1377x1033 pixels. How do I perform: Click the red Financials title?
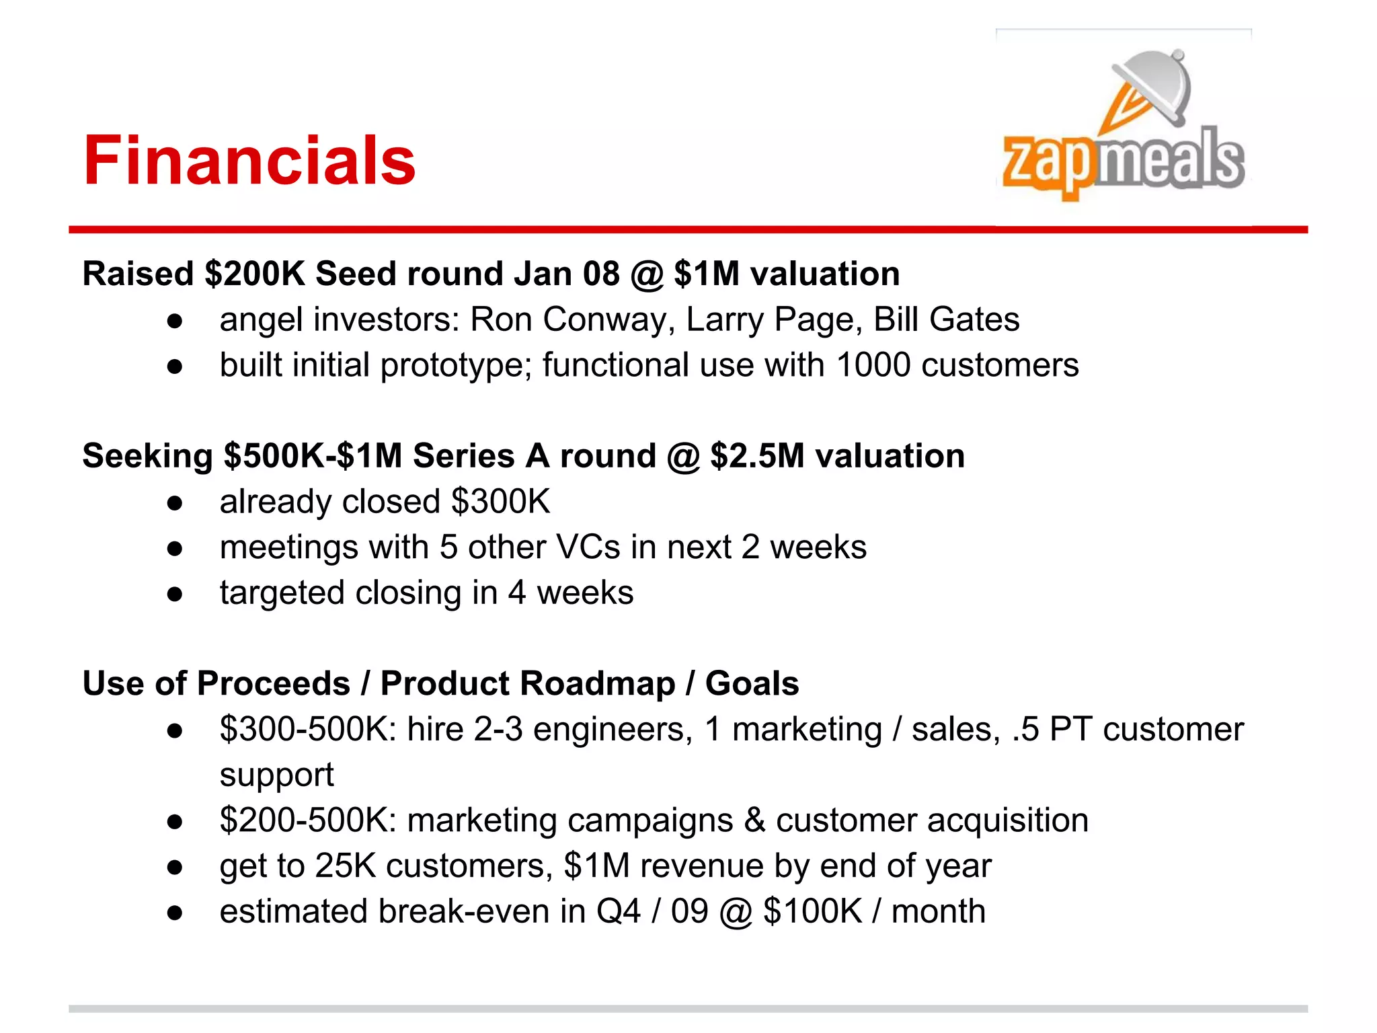[249, 161]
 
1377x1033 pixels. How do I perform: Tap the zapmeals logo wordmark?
[1123, 161]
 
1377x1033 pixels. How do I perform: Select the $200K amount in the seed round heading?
[255, 274]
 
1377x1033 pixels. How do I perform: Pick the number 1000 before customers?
[873, 365]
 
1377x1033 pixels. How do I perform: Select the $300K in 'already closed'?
[501, 502]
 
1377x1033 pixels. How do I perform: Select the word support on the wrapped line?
[276, 775]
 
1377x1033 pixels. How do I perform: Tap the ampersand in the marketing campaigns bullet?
[754, 820]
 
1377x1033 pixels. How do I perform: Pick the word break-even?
[464, 912]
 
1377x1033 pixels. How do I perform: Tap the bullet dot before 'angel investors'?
[175, 321]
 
